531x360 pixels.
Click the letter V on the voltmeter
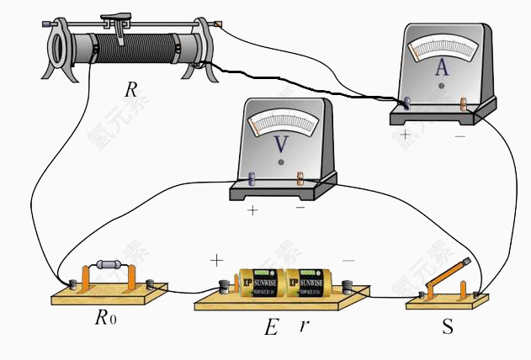[282, 145]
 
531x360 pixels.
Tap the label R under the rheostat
[130, 90]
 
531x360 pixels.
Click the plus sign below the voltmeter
[252, 210]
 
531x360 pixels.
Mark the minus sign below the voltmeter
[300, 207]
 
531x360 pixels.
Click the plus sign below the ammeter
[407, 134]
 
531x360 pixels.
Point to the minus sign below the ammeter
[459, 135]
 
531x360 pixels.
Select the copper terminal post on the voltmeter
[300, 177]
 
